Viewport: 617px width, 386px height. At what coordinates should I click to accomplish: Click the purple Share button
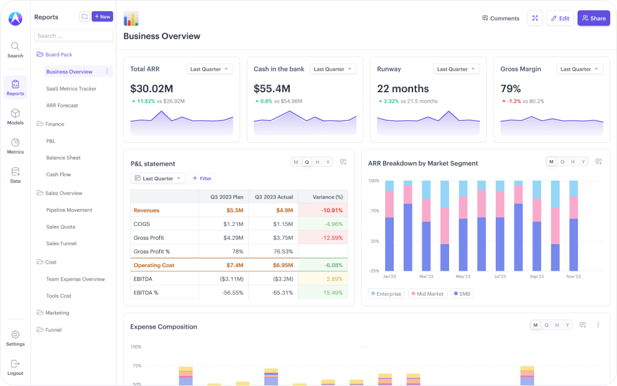click(593, 18)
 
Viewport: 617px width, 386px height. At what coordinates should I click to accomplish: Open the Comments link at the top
click(501, 18)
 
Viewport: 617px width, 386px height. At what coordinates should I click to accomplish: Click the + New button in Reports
click(102, 17)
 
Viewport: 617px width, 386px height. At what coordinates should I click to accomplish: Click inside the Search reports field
click(73, 35)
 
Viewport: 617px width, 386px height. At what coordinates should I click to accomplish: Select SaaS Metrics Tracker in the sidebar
click(71, 88)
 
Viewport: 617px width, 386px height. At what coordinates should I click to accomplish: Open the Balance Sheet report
click(63, 158)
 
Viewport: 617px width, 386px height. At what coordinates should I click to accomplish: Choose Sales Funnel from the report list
click(61, 243)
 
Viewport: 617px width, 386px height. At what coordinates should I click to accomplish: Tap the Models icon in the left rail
click(16, 116)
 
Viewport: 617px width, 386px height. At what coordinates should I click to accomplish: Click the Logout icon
click(16, 367)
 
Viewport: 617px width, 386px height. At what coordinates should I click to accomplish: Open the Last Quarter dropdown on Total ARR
click(210, 69)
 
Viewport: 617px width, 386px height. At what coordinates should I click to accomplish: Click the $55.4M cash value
click(272, 88)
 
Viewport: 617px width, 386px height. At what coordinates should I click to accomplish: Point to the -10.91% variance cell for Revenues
click(322, 210)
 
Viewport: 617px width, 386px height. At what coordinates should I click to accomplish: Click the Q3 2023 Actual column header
click(273, 197)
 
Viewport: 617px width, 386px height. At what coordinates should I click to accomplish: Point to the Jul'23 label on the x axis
click(499, 276)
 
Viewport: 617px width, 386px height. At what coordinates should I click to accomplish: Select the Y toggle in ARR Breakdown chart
click(583, 162)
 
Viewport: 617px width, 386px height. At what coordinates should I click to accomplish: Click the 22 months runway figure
click(402, 88)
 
